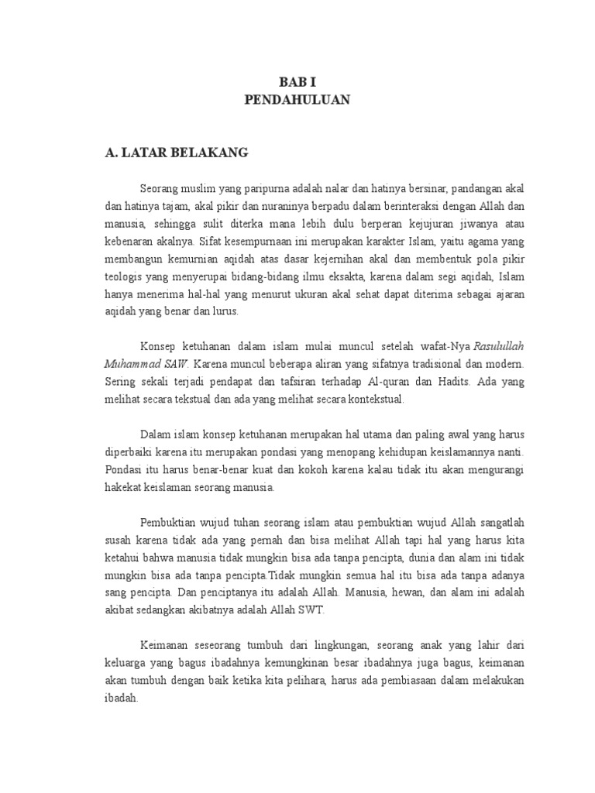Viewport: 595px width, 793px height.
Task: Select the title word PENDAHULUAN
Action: (297, 100)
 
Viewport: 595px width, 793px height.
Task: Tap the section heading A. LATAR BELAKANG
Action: (177, 153)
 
